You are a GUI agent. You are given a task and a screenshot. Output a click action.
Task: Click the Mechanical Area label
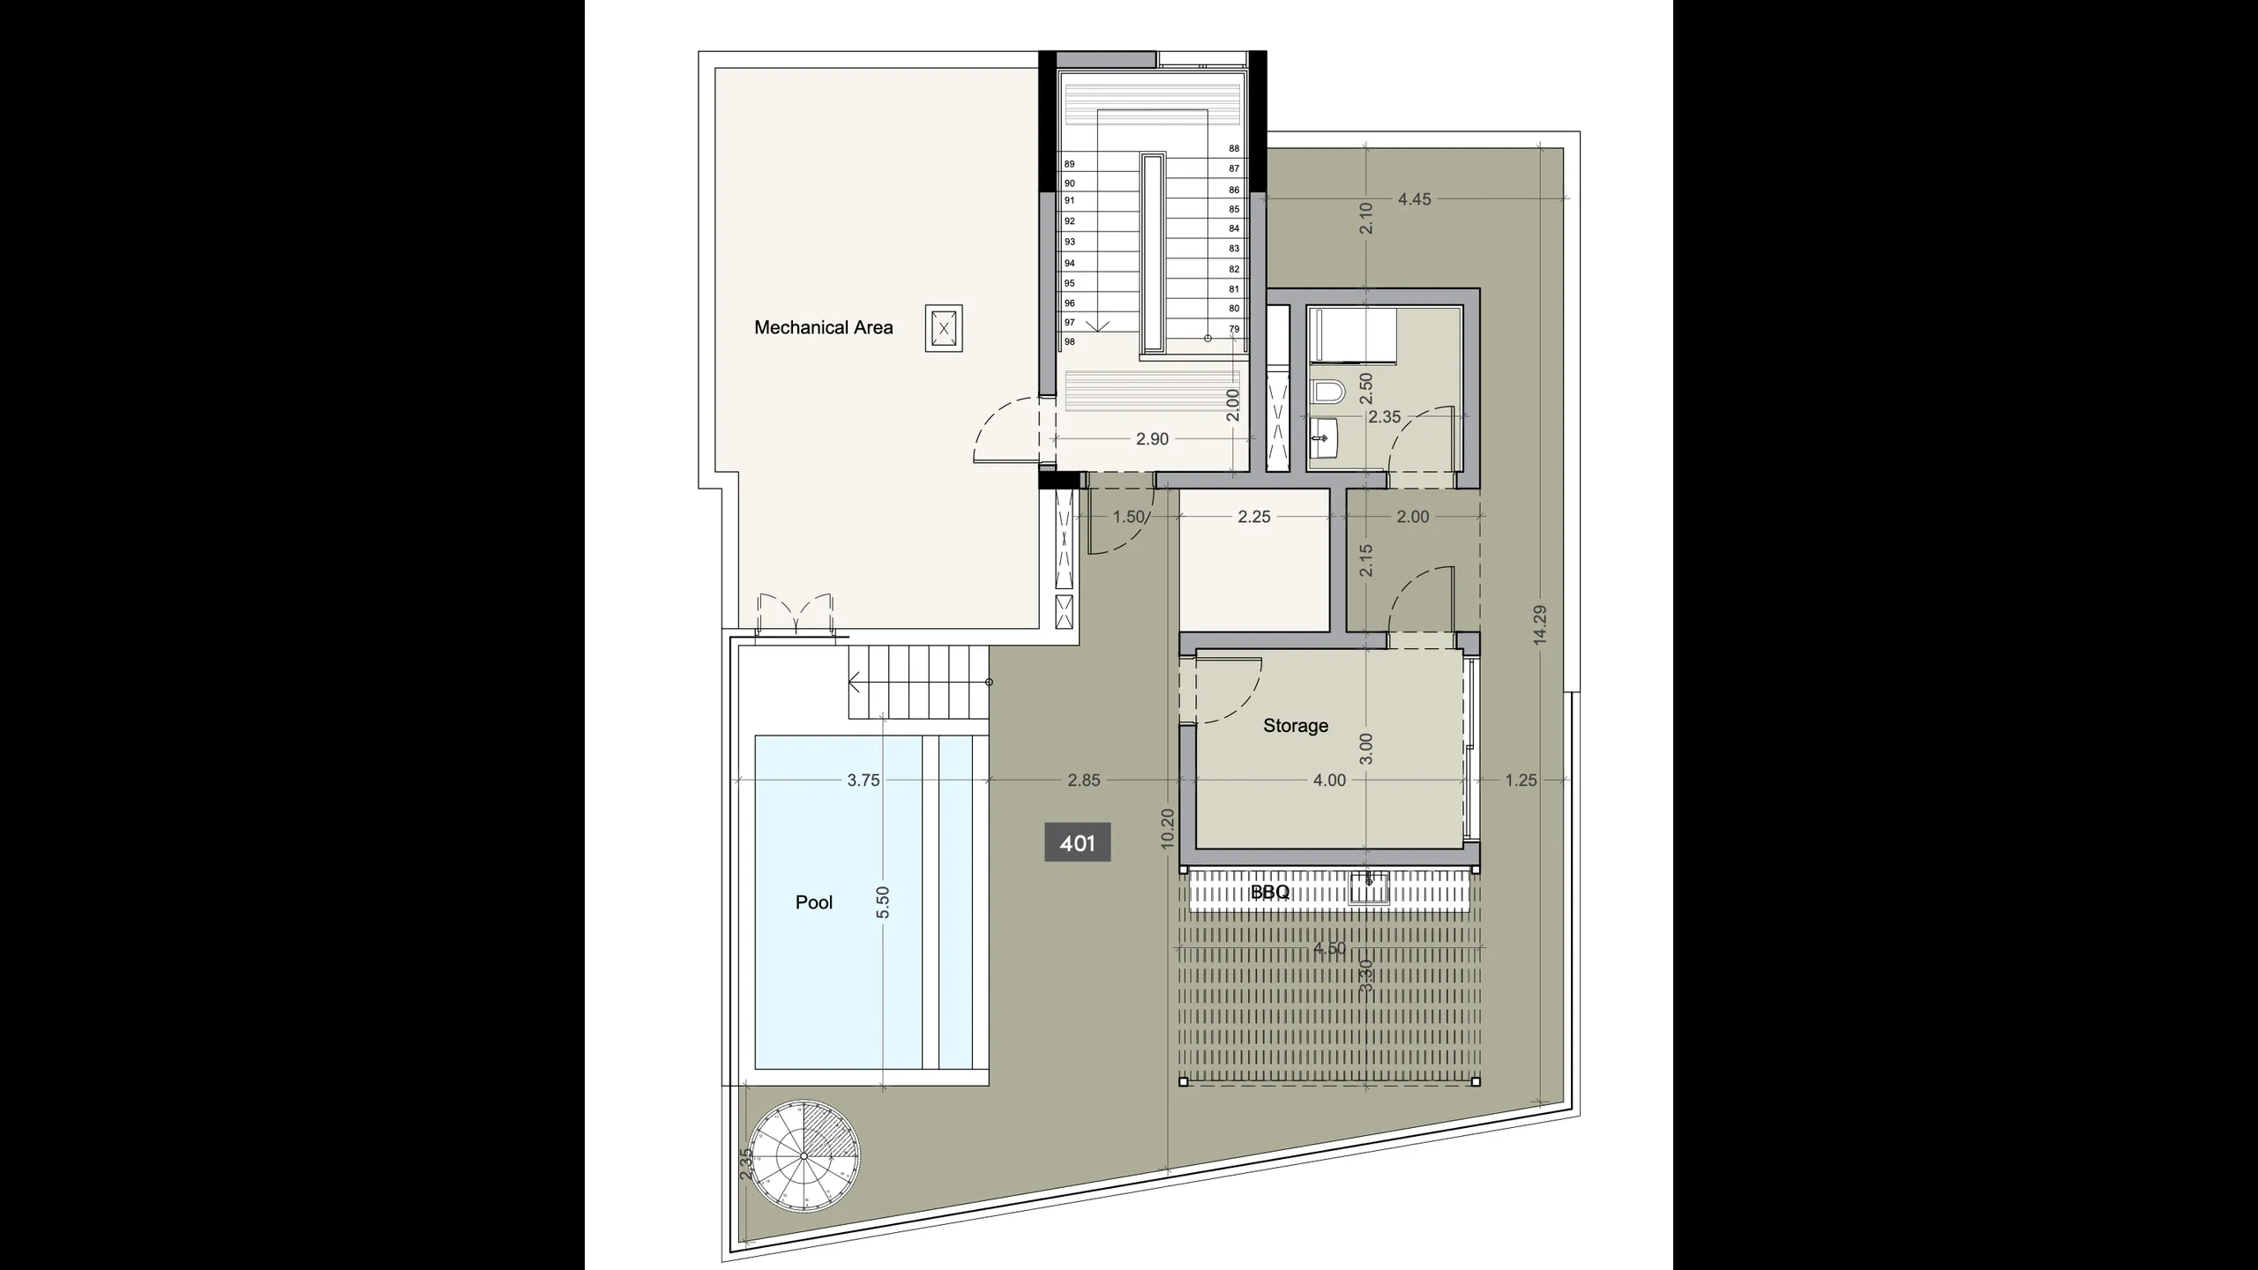(x=823, y=327)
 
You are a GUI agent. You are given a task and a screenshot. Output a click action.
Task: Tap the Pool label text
(x=813, y=902)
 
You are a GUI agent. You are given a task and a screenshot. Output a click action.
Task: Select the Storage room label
(x=1295, y=726)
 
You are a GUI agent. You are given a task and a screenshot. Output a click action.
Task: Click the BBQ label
(x=1270, y=893)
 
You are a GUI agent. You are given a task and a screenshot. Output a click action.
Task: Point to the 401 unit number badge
(x=1077, y=843)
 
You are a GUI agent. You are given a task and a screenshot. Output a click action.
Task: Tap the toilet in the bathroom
(x=1326, y=391)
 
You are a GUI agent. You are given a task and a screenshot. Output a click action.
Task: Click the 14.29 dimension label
(x=1540, y=625)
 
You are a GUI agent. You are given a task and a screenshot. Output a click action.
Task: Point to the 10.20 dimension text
(x=1168, y=829)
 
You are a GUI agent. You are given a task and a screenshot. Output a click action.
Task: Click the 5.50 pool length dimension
(x=883, y=902)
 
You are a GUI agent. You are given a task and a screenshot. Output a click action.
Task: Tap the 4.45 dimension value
(x=1414, y=200)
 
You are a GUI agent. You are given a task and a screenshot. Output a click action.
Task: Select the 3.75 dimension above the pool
(x=863, y=781)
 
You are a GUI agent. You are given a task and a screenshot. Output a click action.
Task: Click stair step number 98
(x=1069, y=342)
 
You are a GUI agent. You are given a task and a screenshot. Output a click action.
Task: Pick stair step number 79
(x=1234, y=329)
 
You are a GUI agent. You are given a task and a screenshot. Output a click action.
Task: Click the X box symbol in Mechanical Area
(x=944, y=329)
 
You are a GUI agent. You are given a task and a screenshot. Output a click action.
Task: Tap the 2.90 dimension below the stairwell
(x=1152, y=440)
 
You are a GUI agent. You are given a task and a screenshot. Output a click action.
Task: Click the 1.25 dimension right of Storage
(x=1521, y=781)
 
